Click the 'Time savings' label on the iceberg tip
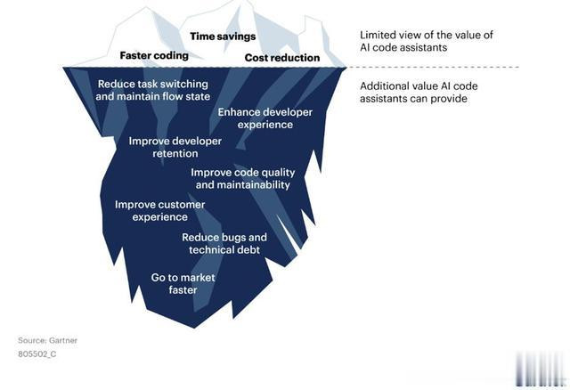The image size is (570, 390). coord(223,37)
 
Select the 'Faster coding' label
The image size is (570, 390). coord(154,55)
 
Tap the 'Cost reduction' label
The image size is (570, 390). coord(282,57)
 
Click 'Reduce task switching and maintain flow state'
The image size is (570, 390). coord(152,90)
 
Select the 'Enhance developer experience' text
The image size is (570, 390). coord(265,118)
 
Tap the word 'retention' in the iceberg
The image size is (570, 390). coord(175,153)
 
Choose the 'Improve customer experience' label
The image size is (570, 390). coord(160,211)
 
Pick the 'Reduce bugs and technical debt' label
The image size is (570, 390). coord(224,243)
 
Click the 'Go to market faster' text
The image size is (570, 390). coord(183,283)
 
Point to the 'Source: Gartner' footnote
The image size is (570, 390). coord(47,340)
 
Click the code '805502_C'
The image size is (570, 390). coord(37,354)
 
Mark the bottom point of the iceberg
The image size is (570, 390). coord(194,328)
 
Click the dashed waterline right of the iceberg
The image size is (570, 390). coord(433,68)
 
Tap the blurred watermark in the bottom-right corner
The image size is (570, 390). coord(541,369)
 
